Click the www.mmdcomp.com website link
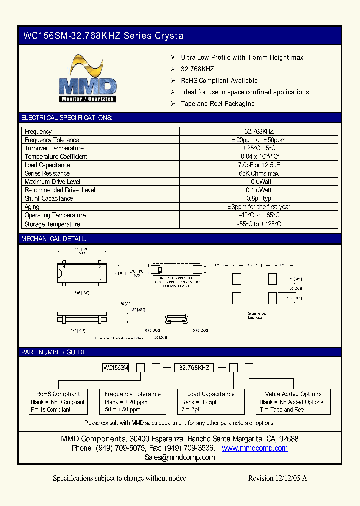(254, 448)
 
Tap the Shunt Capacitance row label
(49, 198)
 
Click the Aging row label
(32, 207)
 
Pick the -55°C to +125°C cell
(259, 224)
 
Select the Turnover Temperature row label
(54, 148)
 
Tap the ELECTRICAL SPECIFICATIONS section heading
(67, 118)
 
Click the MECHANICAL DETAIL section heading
(54, 239)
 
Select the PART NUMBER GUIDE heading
(54, 352)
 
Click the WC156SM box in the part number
(116, 368)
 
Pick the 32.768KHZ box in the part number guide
(194, 368)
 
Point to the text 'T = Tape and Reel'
(282, 410)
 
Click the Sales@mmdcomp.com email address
(180, 457)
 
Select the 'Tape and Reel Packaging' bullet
(218, 104)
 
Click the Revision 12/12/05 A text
(277, 478)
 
